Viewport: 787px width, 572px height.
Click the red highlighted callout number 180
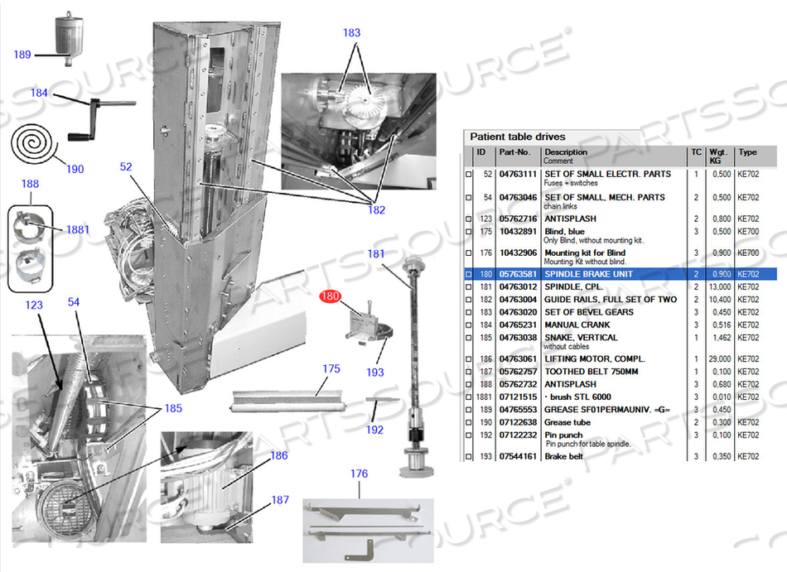[x=331, y=296]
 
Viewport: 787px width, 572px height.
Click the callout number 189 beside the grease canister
[x=22, y=55]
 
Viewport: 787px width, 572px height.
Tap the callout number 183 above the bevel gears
[x=352, y=32]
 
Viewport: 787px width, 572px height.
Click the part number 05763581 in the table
[x=517, y=274]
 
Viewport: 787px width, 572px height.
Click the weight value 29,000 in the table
[x=719, y=359]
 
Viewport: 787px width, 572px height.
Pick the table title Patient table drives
[x=518, y=137]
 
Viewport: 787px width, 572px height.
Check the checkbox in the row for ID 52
[x=469, y=175]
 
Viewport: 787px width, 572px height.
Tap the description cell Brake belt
[x=563, y=456]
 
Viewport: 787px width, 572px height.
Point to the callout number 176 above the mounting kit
[x=359, y=473]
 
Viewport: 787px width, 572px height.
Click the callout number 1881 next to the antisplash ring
[x=78, y=229]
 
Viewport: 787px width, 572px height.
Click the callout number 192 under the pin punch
[x=375, y=430]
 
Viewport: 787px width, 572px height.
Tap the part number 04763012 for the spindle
[x=517, y=286]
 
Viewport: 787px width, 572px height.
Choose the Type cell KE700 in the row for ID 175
[x=747, y=231]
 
